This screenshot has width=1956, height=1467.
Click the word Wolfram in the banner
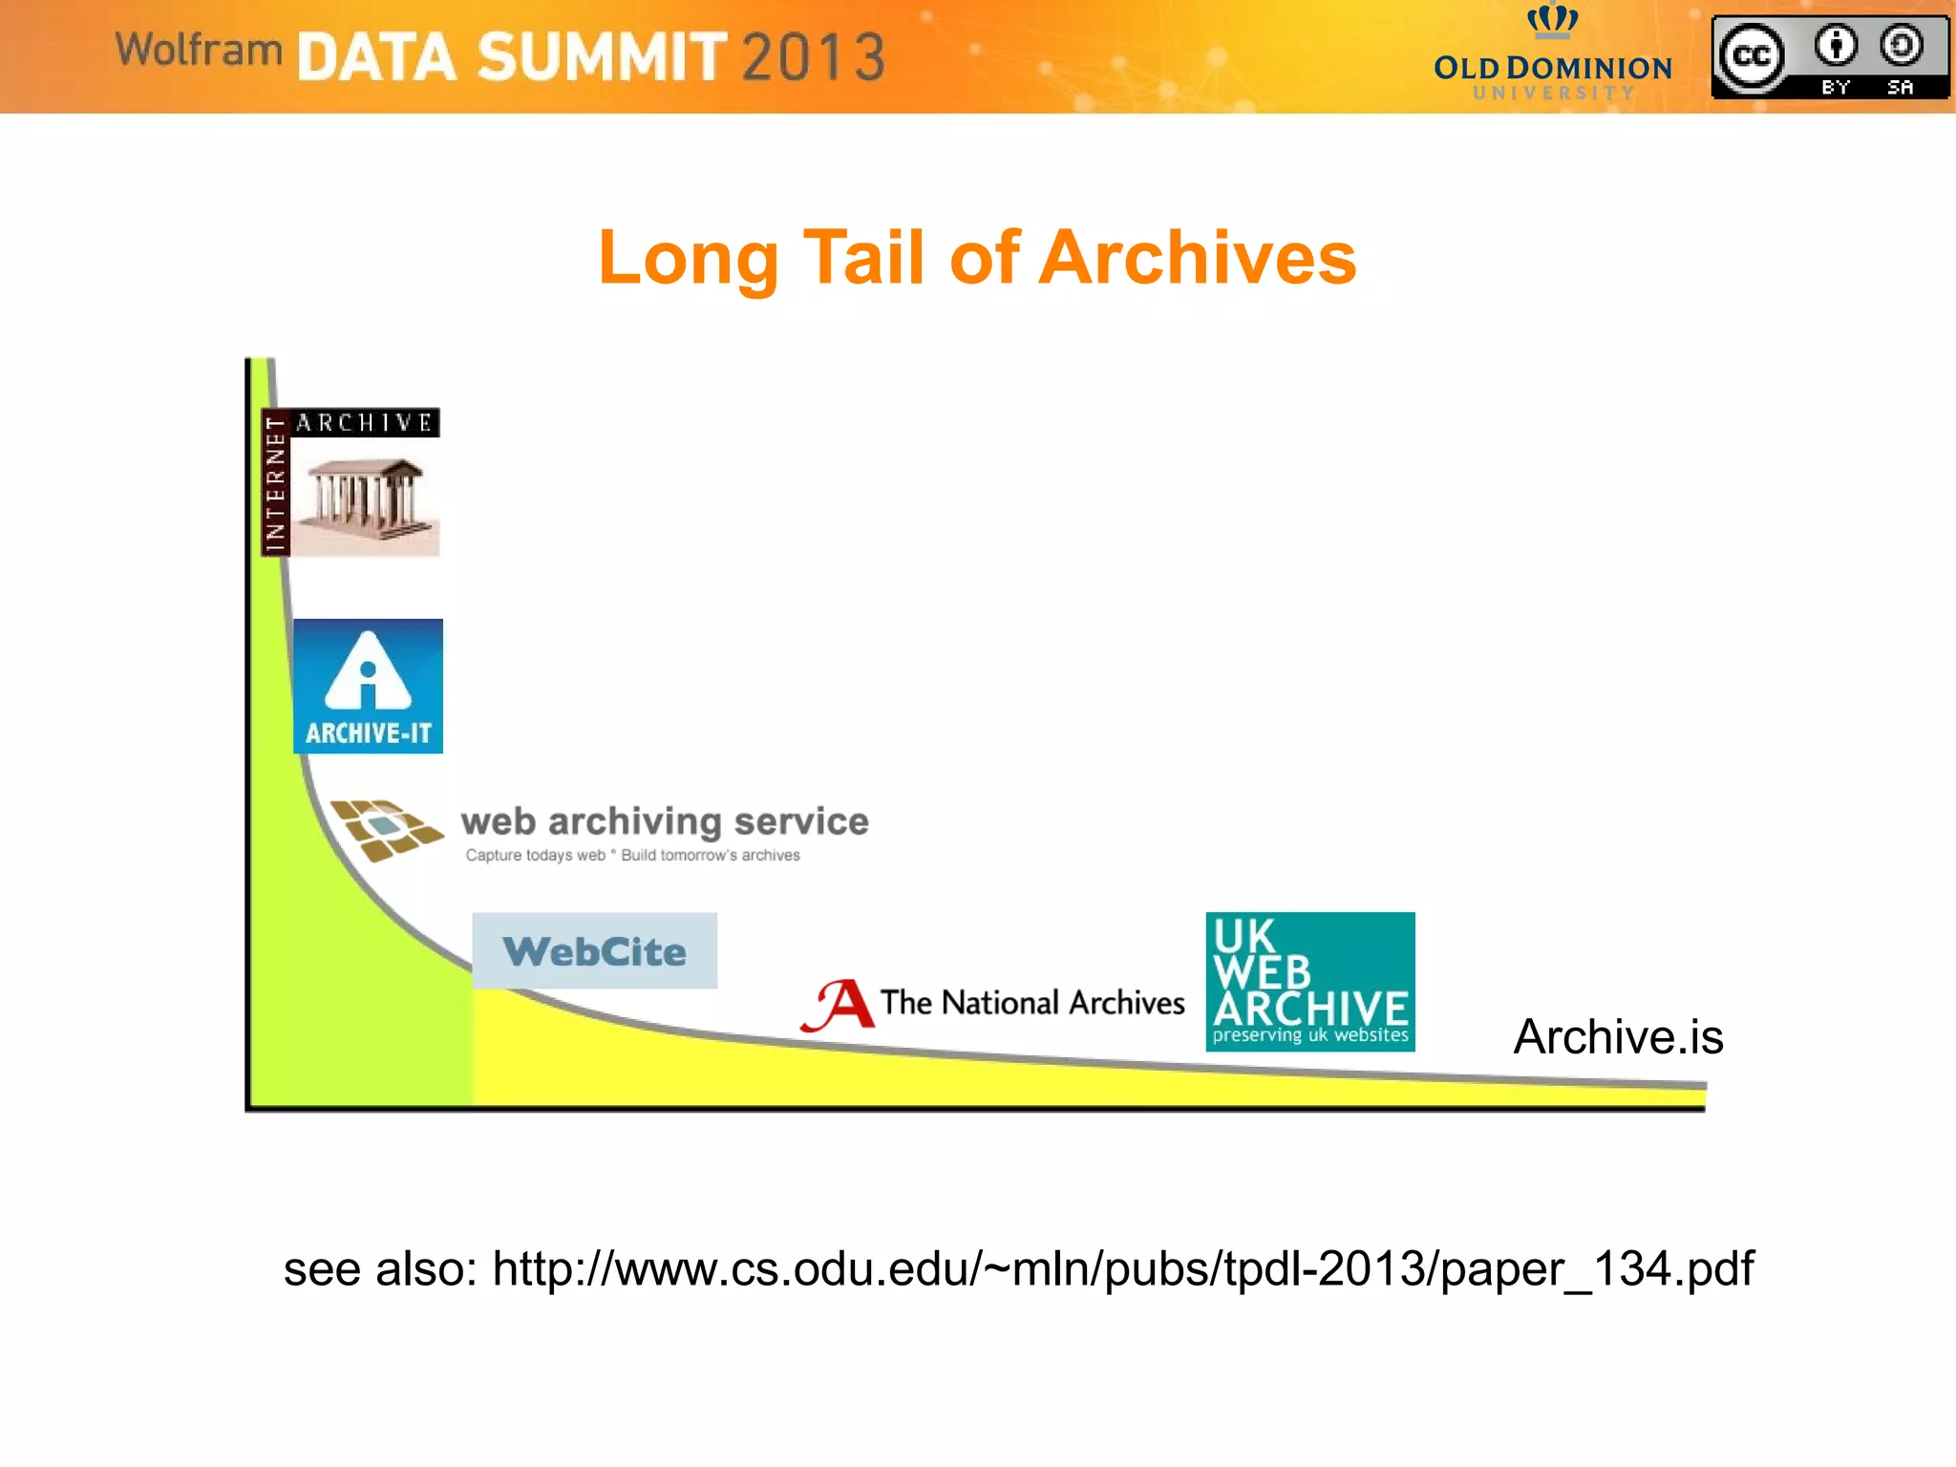(199, 50)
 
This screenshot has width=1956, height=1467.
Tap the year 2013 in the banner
(813, 57)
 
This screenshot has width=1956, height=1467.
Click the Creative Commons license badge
(1829, 57)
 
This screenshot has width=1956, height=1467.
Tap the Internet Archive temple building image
(364, 499)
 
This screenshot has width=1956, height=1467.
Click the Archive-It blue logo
(368, 686)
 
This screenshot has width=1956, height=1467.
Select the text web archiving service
(665, 821)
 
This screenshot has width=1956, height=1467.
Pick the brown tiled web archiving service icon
(385, 829)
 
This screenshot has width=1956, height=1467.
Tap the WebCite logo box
(594, 950)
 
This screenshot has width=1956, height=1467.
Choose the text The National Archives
(1031, 1003)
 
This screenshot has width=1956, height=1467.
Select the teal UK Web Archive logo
(1309, 981)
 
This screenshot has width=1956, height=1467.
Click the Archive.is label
(1618, 1037)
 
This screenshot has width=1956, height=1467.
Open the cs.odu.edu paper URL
(1122, 1269)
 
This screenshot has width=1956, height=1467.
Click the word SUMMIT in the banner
(602, 57)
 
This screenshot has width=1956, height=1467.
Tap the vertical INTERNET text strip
(276, 483)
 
